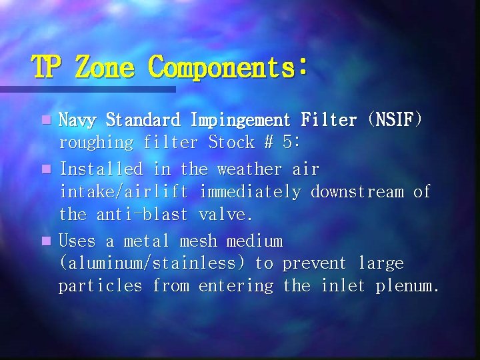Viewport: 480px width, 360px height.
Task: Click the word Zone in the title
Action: point(106,67)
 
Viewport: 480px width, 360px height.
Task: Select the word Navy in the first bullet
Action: point(77,120)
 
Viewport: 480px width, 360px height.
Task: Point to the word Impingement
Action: point(241,121)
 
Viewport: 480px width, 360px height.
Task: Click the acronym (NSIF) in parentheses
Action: point(395,120)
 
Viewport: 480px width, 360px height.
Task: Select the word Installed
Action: point(101,169)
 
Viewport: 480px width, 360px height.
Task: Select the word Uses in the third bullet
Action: point(77,241)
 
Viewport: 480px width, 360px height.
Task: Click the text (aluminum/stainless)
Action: point(157,264)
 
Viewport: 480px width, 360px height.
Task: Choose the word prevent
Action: point(315,264)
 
